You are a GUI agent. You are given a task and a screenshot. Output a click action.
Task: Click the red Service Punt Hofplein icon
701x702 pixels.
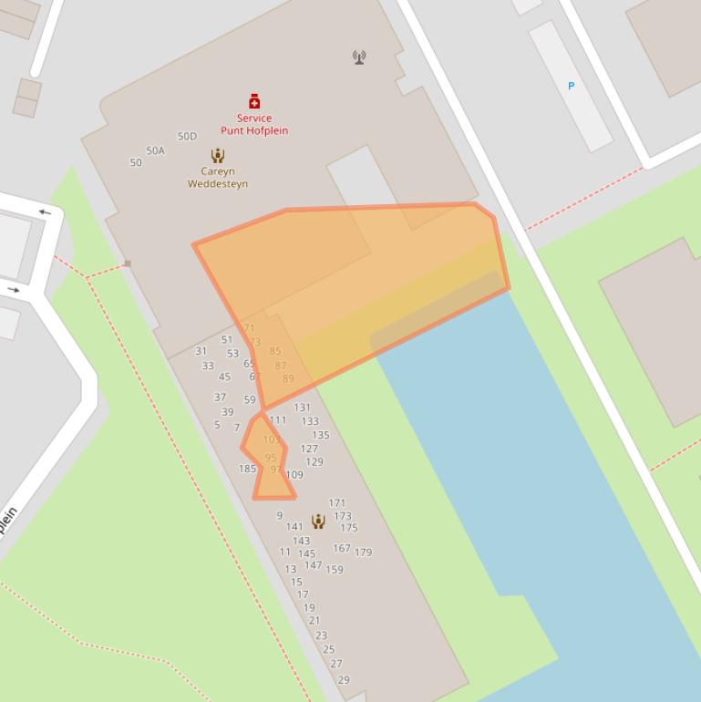pos(254,101)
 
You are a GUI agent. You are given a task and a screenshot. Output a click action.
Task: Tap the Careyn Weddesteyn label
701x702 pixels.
pos(218,177)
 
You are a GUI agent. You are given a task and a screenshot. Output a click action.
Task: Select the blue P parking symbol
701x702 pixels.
pos(572,86)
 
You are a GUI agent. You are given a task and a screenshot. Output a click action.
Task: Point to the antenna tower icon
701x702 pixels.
pos(359,57)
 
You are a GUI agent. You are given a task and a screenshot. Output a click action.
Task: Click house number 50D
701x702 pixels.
pos(187,136)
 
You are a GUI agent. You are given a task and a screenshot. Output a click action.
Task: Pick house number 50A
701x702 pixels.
pos(155,150)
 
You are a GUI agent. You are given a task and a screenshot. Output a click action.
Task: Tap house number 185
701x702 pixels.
pos(247,469)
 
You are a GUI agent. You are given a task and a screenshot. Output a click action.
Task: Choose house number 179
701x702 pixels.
pos(363,552)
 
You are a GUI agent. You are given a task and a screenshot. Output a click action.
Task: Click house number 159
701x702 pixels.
pos(335,570)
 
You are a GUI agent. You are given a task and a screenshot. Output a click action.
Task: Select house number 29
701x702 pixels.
pos(344,679)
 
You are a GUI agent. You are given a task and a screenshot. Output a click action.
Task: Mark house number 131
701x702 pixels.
pos(302,408)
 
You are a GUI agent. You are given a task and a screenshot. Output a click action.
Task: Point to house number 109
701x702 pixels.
pos(294,475)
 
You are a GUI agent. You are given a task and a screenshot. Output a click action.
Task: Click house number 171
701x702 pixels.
pos(337,502)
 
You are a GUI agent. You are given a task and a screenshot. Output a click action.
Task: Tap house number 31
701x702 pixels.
pos(201,351)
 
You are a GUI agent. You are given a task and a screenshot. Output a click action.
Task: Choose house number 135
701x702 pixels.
pos(320,435)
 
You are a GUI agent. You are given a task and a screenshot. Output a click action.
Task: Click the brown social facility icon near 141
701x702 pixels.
pos(318,521)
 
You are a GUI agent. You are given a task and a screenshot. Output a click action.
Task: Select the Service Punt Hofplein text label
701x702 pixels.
pos(254,124)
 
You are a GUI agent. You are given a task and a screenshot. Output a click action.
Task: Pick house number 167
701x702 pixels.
pos(342,548)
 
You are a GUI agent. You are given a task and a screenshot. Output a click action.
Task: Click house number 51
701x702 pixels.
pos(227,340)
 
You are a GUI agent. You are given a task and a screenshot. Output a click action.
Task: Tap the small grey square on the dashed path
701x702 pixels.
pos(128,263)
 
